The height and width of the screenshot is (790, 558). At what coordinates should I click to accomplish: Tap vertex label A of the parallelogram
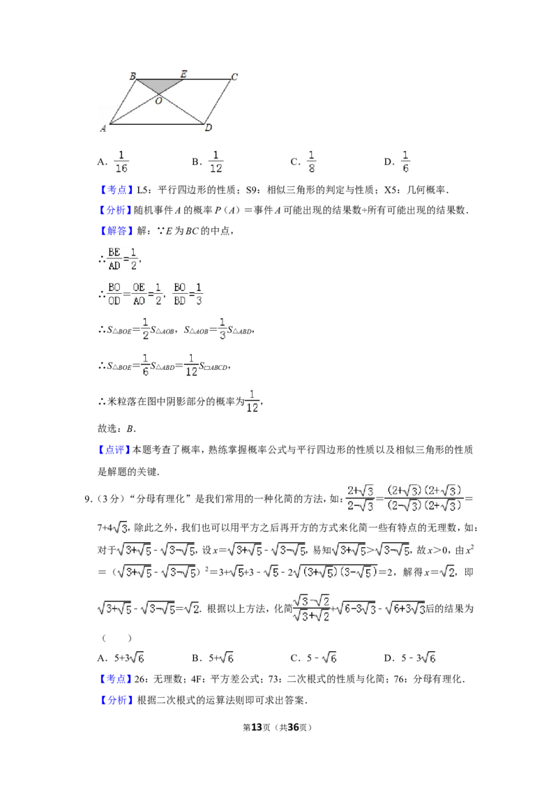tap(103, 128)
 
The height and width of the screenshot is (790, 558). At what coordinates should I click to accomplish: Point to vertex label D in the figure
tap(209, 128)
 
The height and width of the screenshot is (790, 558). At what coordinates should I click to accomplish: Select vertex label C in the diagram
tap(234, 77)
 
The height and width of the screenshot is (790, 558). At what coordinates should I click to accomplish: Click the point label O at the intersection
tap(158, 100)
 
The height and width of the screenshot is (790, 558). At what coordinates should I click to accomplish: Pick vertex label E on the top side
tap(184, 74)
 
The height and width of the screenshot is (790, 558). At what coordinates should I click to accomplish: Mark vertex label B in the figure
tap(133, 76)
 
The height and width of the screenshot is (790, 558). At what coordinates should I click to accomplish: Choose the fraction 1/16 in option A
tap(121, 162)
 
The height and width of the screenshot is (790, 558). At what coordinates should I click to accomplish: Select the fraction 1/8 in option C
tap(311, 162)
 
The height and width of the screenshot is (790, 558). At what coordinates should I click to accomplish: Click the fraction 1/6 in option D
tap(405, 162)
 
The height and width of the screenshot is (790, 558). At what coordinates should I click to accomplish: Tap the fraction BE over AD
tap(114, 259)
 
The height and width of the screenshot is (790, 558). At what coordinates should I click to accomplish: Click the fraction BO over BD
tap(180, 294)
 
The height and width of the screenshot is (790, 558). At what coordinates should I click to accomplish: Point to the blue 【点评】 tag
tap(114, 449)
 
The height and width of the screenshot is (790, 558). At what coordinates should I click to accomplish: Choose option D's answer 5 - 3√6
tap(418, 657)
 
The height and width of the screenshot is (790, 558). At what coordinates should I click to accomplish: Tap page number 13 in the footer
tap(257, 727)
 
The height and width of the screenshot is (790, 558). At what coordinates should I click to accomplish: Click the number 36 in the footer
tap(293, 727)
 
